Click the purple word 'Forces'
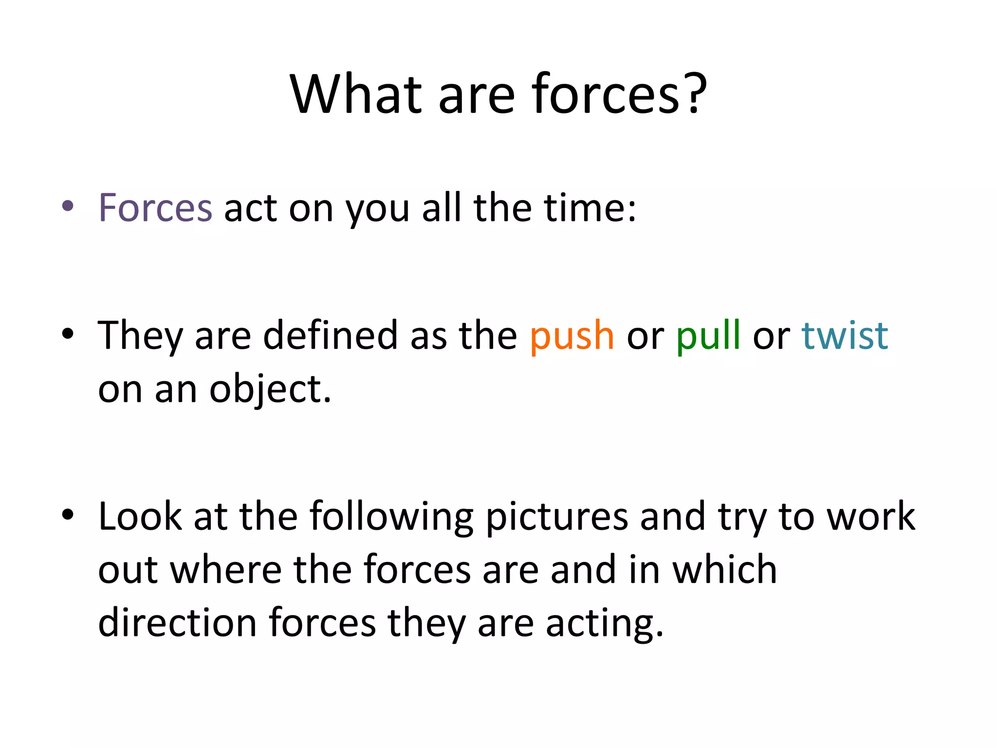155,208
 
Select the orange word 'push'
572,336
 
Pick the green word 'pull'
708,336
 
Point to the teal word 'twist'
845,336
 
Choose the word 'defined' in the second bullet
331,336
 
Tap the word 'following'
391,517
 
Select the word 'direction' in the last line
177,623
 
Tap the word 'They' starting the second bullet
140,336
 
